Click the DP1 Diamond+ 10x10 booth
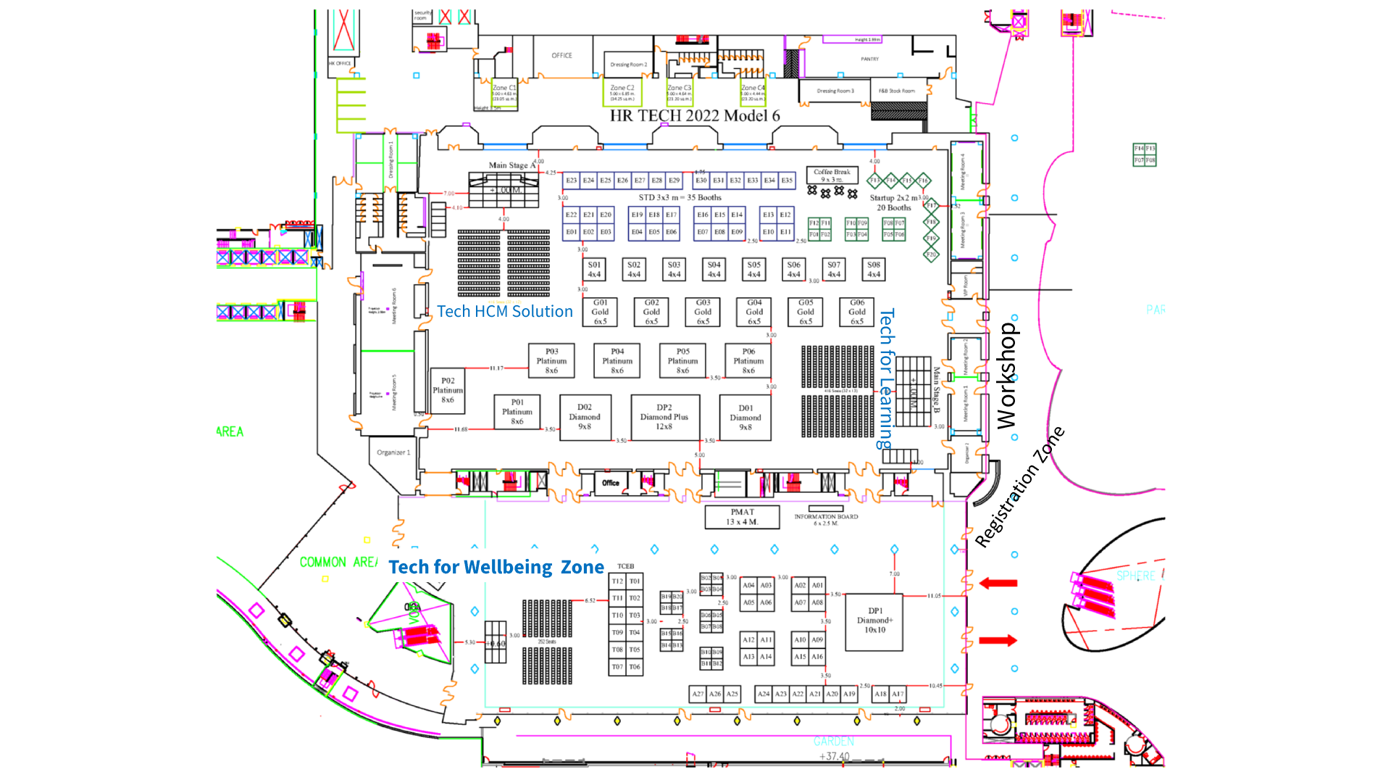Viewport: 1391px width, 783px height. point(874,621)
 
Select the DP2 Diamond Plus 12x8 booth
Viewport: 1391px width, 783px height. point(664,418)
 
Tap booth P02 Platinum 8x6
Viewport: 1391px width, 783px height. point(448,391)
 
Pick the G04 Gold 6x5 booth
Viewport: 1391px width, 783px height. point(754,312)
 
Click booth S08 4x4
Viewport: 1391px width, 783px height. point(874,270)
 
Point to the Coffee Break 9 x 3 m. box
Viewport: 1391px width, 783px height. point(832,175)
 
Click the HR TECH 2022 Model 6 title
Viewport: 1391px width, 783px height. point(694,116)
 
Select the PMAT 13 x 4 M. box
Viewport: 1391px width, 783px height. point(742,517)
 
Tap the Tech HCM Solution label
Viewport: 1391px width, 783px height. point(504,312)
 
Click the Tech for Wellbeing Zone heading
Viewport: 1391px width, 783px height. point(496,567)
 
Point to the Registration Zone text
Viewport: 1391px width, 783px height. point(1019,486)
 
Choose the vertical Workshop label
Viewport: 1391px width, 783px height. point(1006,376)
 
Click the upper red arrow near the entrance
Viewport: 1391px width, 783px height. point(998,583)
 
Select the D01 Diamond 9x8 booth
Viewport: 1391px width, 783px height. point(745,418)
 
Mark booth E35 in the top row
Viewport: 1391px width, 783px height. point(787,181)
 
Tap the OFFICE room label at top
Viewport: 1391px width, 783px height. point(561,56)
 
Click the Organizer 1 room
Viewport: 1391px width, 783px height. point(393,453)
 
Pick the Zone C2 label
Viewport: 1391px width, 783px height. point(622,88)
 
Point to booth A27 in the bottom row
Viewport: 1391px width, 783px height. point(698,694)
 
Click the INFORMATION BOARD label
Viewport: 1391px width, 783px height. point(826,517)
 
